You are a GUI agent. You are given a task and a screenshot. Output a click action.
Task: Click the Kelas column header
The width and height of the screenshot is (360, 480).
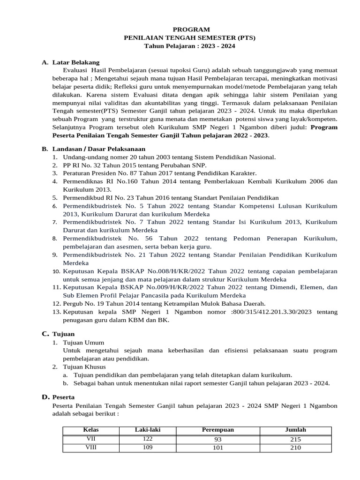click(91, 429)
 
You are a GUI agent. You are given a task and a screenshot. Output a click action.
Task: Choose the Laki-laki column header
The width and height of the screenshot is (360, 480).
click(148, 429)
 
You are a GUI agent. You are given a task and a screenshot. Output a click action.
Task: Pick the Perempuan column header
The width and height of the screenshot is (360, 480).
click(218, 429)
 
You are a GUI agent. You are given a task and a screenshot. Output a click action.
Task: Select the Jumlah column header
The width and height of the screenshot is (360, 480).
click(295, 429)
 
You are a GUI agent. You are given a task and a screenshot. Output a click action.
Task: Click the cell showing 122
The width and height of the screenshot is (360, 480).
click(148, 438)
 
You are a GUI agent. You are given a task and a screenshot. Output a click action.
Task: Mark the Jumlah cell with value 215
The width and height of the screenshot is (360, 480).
click(295, 439)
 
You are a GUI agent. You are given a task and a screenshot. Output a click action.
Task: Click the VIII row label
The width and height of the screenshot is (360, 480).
click(91, 447)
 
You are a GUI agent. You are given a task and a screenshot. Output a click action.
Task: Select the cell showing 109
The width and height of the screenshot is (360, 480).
click(148, 447)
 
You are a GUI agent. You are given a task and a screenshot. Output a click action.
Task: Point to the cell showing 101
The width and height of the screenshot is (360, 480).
click(218, 448)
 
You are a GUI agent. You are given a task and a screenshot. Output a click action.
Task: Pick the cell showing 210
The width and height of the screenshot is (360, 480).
click(295, 448)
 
